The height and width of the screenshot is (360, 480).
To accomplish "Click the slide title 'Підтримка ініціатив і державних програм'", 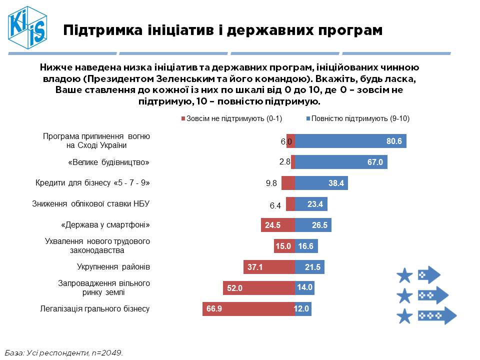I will tap(223, 30).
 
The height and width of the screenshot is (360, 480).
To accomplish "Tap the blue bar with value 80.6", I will tap(350, 141).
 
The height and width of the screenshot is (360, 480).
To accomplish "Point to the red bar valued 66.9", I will tap(248, 309).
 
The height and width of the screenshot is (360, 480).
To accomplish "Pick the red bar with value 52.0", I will tap(258, 288).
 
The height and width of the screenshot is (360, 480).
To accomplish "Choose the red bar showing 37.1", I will tap(268, 267).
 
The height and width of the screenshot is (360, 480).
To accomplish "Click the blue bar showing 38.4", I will tap(321, 183).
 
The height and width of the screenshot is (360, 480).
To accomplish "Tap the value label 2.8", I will tap(285, 162).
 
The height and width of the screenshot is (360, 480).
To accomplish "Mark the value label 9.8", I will tap(271, 183).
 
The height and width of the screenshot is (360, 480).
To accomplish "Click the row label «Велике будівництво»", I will tap(108, 162).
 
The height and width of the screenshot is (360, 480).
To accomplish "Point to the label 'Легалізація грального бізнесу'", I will tap(94, 308).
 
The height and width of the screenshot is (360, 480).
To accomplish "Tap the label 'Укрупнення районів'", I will tap(113, 267).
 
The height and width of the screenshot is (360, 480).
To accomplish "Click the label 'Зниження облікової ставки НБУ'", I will tap(91, 204).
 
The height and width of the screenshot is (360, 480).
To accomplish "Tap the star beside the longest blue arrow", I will tap(404, 316).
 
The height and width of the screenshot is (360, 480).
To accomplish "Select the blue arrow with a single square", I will tap(428, 274).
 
